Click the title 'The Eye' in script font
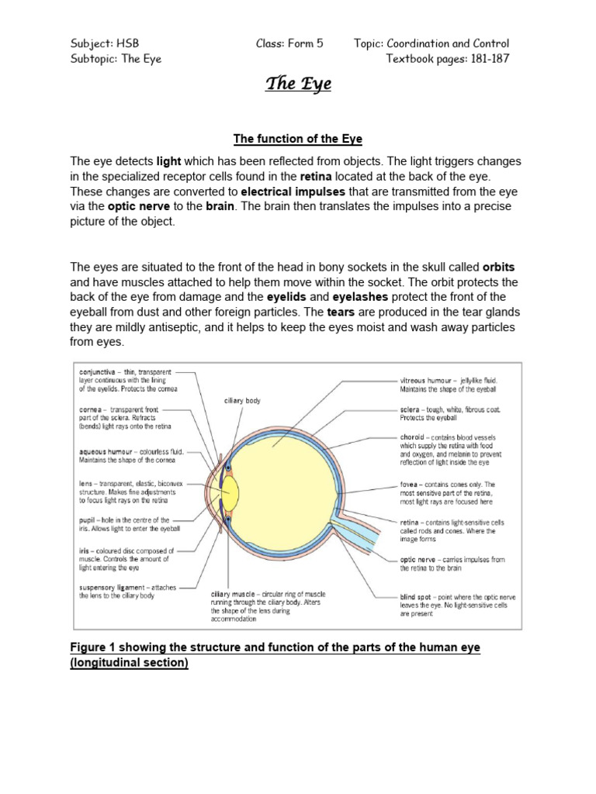coord(298,84)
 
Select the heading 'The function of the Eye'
coord(298,139)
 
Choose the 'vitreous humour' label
coord(424,380)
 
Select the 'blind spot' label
coord(417,597)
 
